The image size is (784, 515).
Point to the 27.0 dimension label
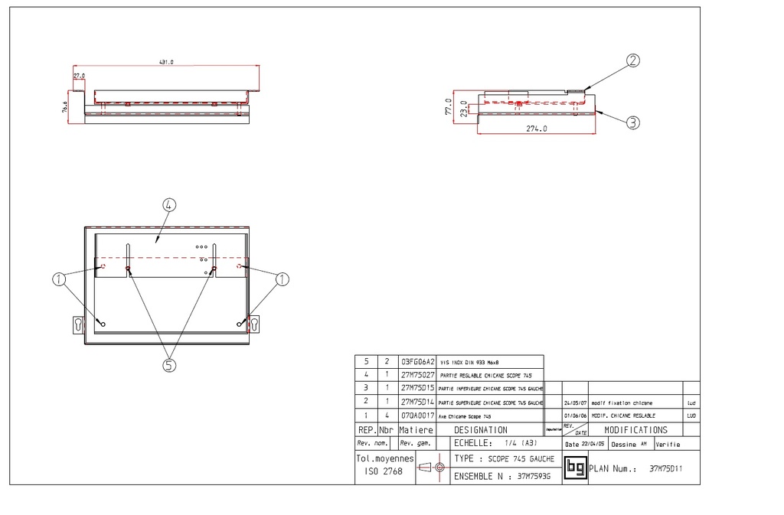click(79, 77)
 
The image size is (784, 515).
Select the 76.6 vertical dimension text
click(65, 106)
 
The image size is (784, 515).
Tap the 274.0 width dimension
click(536, 129)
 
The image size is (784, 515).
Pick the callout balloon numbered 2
click(633, 61)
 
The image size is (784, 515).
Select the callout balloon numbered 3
click(632, 122)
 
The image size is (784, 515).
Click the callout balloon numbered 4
click(169, 204)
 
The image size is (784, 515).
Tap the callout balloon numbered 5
click(169, 365)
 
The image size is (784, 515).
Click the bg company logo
click(574, 468)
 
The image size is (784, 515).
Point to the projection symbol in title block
click(433, 468)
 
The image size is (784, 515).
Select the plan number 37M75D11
click(665, 468)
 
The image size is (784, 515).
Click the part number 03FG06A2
click(417, 361)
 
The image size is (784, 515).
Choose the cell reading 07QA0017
click(417, 415)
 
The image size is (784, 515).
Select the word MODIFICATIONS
click(635, 430)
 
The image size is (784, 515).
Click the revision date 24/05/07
click(574, 402)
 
